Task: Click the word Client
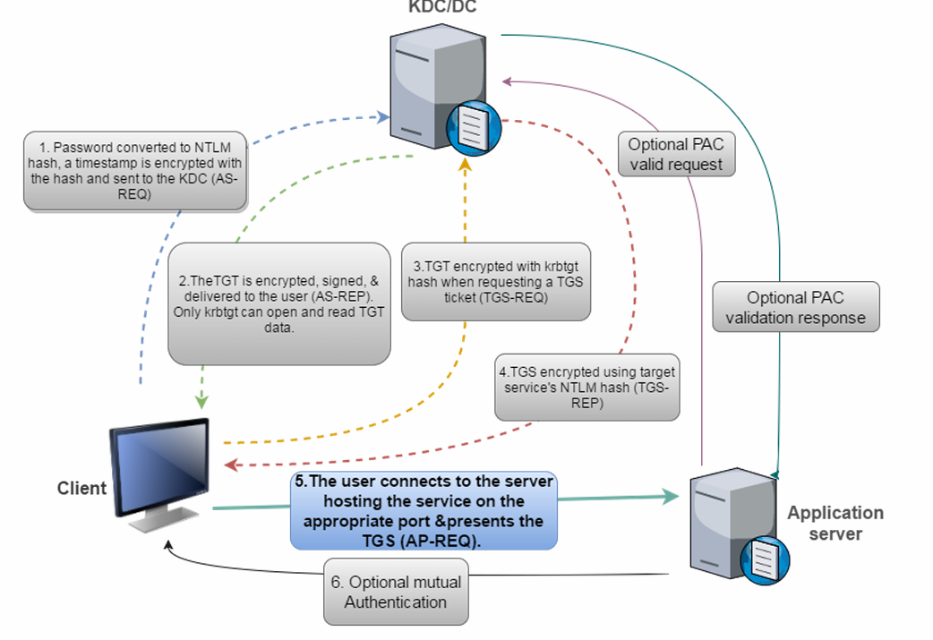(x=81, y=489)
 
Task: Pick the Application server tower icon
(x=730, y=528)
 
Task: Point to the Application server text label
(x=835, y=523)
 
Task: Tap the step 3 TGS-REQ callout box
(x=496, y=281)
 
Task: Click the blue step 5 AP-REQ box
(x=424, y=510)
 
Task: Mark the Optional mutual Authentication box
(x=396, y=592)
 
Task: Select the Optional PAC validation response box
(x=796, y=307)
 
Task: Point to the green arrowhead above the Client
(x=201, y=399)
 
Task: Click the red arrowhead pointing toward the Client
(x=231, y=465)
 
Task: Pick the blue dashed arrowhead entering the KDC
(x=383, y=116)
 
